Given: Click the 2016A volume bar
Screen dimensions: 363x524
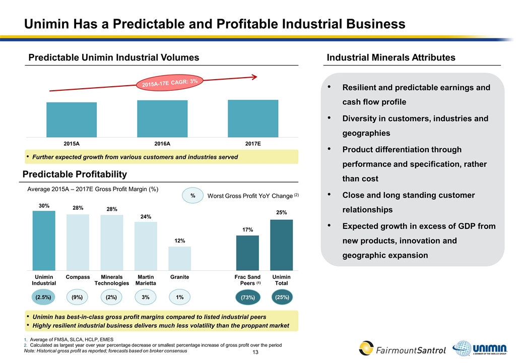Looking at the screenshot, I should click(162, 118).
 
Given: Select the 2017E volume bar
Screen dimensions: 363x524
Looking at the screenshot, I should click(253, 118).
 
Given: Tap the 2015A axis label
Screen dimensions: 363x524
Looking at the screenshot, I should click(72, 144).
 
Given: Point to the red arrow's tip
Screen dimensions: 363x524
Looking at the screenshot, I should click(256, 77).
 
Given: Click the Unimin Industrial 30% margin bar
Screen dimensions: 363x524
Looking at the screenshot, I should click(44, 240).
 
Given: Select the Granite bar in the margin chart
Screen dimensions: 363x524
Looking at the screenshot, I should click(179, 258).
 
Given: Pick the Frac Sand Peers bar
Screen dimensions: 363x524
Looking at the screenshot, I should click(247, 253).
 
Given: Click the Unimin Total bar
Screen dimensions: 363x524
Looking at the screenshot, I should click(282, 245).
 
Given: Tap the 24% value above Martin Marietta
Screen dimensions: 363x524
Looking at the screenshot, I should click(146, 217).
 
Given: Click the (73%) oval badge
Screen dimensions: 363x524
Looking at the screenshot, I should click(247, 298).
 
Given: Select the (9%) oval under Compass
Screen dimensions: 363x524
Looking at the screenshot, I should click(78, 297).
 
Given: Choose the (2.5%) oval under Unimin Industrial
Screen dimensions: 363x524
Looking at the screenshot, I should click(44, 297).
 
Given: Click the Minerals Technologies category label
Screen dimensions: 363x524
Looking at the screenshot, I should click(111, 280).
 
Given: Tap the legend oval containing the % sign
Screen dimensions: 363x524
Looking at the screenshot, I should click(192, 195).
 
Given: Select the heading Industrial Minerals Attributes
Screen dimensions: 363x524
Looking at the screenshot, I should click(391, 58).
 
